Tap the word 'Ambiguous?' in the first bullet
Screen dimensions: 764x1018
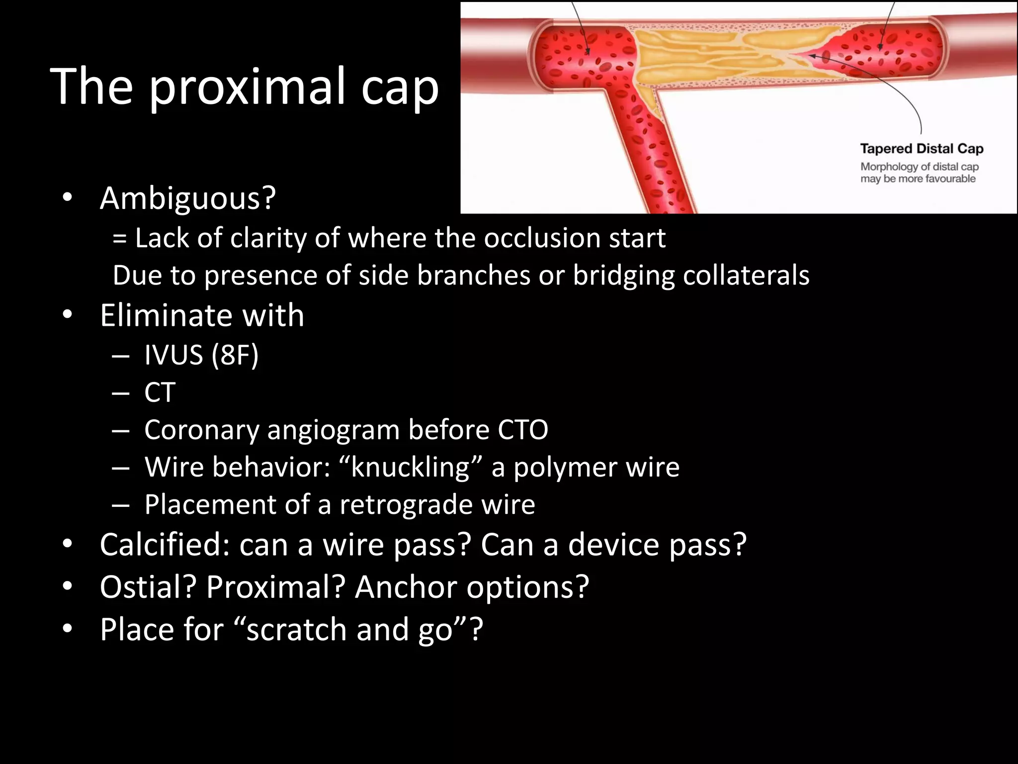coord(188,198)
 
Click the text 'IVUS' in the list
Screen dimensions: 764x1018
coord(173,355)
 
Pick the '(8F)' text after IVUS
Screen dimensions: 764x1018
coord(235,355)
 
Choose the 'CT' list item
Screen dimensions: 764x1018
coord(160,392)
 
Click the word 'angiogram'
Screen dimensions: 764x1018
coord(333,430)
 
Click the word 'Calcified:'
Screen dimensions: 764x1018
coord(165,545)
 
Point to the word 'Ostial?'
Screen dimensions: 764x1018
coord(148,587)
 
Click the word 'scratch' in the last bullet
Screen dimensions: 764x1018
coord(297,630)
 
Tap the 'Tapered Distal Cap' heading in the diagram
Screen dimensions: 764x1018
coord(922,149)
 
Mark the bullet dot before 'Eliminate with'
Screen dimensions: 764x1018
coord(68,315)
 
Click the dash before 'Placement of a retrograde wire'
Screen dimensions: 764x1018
coord(121,505)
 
